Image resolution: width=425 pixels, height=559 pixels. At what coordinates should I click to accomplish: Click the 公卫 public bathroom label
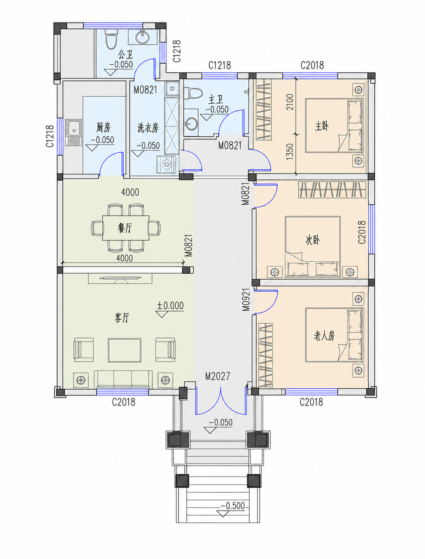pyautogui.click(x=126, y=54)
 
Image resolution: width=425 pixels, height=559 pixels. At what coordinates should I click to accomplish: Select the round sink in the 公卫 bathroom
pyautogui.click(x=142, y=37)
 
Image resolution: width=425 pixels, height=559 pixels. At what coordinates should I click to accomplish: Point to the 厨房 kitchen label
pyautogui.click(x=103, y=127)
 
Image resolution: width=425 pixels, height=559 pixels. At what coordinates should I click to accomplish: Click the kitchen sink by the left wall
pyautogui.click(x=73, y=133)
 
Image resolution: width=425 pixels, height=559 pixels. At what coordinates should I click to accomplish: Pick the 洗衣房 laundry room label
pyautogui.click(x=148, y=128)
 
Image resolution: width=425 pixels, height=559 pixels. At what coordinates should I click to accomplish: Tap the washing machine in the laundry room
pyautogui.click(x=166, y=164)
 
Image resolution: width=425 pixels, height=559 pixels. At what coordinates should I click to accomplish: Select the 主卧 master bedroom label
pyautogui.click(x=322, y=126)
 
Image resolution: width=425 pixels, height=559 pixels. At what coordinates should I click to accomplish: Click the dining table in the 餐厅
pyautogui.click(x=126, y=228)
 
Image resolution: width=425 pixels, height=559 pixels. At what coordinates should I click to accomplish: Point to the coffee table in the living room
pyautogui.click(x=124, y=350)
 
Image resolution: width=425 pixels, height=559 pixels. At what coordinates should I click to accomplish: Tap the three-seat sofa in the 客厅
pyautogui.click(x=123, y=380)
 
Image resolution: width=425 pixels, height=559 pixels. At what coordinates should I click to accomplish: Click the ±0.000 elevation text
pyautogui.click(x=170, y=305)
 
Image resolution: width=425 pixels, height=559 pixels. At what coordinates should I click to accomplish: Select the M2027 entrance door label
pyautogui.click(x=218, y=376)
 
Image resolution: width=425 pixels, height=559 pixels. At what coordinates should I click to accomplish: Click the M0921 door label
pyautogui.click(x=246, y=300)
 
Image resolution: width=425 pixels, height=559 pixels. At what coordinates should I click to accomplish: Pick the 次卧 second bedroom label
pyautogui.click(x=312, y=240)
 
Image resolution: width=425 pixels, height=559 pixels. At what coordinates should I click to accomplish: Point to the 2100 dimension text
pyautogui.click(x=290, y=102)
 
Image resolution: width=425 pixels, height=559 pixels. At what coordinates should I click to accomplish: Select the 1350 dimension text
pyautogui.click(x=290, y=152)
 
